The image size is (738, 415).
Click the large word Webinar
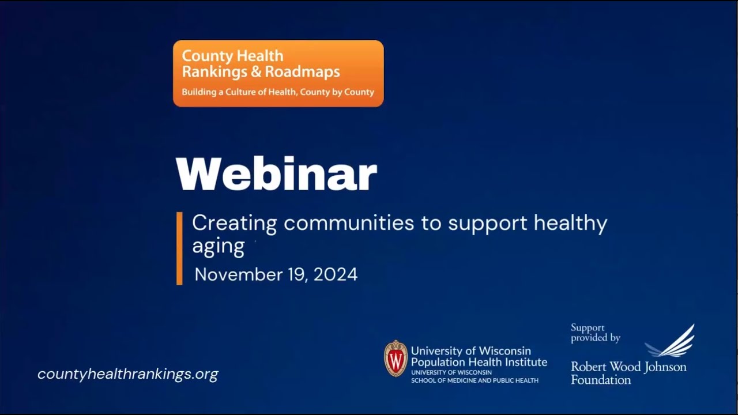(x=276, y=174)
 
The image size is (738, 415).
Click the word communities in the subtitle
(x=349, y=223)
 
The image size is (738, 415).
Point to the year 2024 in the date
(x=336, y=274)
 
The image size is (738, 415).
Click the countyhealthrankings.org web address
(x=128, y=374)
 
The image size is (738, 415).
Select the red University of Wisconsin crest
(x=396, y=359)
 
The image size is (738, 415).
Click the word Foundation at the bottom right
(x=601, y=380)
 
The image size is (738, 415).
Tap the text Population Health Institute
(x=479, y=362)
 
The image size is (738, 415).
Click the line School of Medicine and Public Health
(x=475, y=380)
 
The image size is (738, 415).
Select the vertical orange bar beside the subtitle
(x=179, y=248)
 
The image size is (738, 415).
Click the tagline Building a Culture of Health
(x=278, y=92)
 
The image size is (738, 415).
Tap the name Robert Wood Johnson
(x=628, y=367)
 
